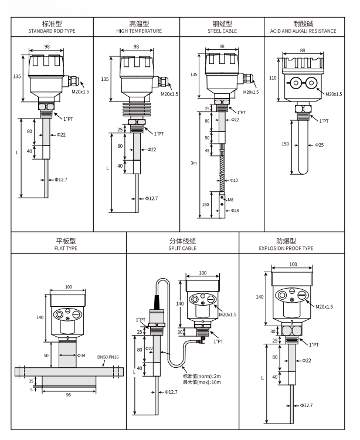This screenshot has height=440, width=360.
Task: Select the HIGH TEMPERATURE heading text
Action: click(136, 31)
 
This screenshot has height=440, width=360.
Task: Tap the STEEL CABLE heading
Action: click(221, 31)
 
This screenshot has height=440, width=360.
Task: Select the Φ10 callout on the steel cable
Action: click(234, 180)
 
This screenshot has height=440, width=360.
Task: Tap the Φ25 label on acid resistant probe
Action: click(320, 144)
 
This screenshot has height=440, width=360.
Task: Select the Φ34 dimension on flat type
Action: click(81, 356)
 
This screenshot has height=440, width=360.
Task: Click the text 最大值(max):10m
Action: click(202, 383)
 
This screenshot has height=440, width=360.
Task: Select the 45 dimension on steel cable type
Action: click(207, 150)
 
